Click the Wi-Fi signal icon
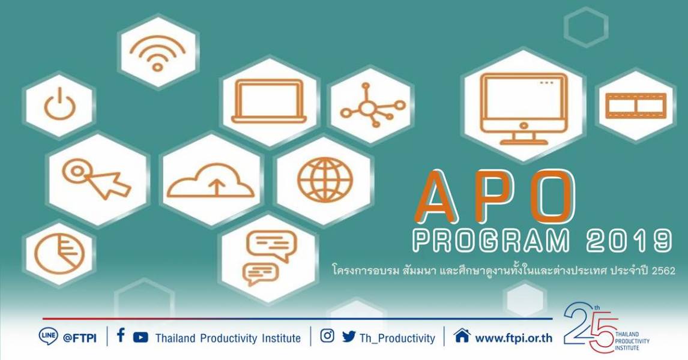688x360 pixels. click(x=157, y=53)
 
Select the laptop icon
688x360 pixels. click(x=269, y=101)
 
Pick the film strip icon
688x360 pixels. click(x=636, y=106)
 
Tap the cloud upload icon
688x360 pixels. click(x=211, y=180)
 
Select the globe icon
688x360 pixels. click(x=325, y=180)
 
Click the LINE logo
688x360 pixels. click(x=48, y=337)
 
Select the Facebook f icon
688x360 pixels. click(x=121, y=335)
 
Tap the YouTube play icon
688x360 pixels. click(x=140, y=337)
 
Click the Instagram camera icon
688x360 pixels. click(x=327, y=336)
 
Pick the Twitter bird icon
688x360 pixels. click(x=349, y=337)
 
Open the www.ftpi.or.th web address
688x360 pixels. click(x=514, y=338)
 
